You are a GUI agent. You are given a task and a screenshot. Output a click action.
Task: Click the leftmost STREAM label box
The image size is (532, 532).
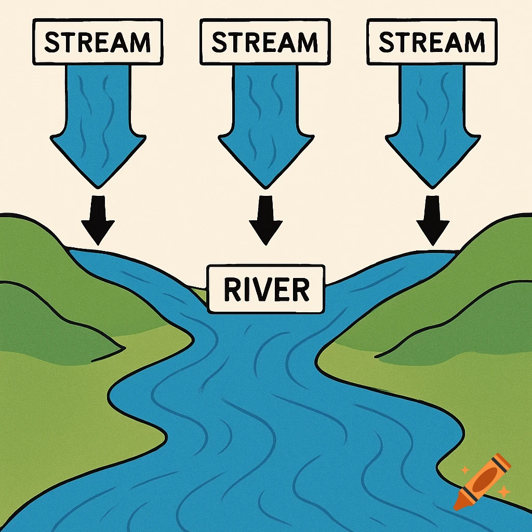click(98, 43)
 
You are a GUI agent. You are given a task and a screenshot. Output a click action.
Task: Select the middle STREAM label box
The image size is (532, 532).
click(265, 43)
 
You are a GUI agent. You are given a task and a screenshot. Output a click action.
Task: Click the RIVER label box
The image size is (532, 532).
click(266, 289)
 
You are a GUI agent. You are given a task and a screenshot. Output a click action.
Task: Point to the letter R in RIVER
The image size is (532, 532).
click(232, 290)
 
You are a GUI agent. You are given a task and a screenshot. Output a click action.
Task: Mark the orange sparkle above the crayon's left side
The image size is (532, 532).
click(465, 470)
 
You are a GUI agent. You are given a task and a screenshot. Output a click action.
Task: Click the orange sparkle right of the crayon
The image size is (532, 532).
click(502, 491)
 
